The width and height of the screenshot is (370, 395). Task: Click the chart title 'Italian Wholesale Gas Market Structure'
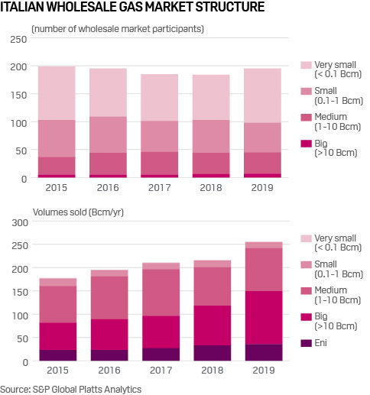pyautogui.click(x=133, y=8)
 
